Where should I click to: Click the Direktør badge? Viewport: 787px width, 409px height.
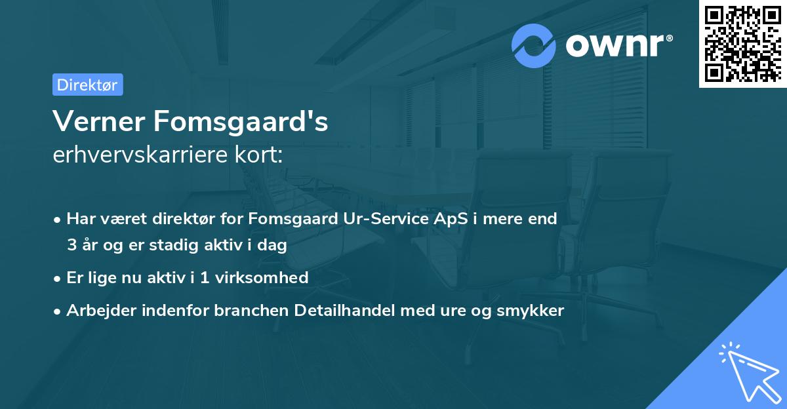[87, 85]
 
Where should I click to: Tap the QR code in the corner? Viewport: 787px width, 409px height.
[742, 43]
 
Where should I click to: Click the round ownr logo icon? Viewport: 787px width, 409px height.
[534, 45]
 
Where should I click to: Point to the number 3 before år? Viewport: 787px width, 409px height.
[71, 245]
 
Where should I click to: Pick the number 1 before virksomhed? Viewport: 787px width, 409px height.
[205, 277]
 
